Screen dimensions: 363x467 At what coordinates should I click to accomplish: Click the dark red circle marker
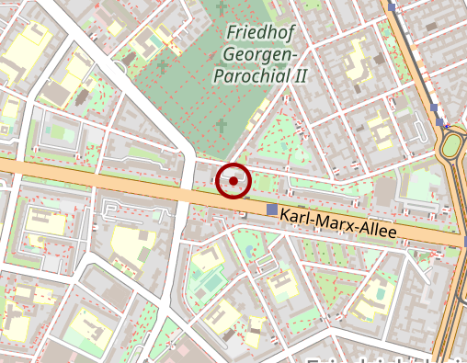pyautogui.click(x=233, y=181)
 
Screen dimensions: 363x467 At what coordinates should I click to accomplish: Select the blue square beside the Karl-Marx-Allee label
pyautogui.click(x=271, y=210)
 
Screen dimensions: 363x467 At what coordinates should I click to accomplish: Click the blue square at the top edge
pyautogui.click(x=393, y=5)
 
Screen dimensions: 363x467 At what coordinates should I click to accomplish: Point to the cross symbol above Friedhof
pyautogui.click(x=221, y=8)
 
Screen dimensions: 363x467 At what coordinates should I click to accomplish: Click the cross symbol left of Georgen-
pyautogui.click(x=163, y=66)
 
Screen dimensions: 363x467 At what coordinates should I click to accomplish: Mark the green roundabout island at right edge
pyautogui.click(x=456, y=147)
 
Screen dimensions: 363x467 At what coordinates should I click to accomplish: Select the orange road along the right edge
pyautogui.click(x=450, y=303)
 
